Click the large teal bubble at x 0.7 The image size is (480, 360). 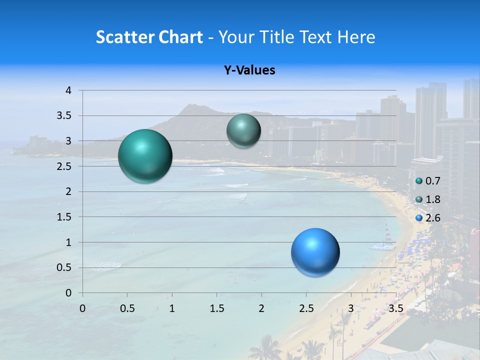click(145, 156)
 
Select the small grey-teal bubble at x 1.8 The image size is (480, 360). click(243, 130)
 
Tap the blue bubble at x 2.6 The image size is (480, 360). click(315, 252)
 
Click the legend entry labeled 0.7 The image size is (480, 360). click(428, 180)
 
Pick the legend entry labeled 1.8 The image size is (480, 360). click(428, 199)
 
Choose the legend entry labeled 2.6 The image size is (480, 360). click(428, 218)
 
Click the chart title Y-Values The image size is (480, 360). click(249, 70)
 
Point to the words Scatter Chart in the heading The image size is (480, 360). click(149, 36)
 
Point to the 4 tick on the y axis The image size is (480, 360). click(69, 90)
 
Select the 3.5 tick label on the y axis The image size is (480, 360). click(64, 116)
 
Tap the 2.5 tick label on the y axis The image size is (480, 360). click(64, 166)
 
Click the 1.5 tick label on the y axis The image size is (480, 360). click(64, 217)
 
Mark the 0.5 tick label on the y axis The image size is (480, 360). click(64, 267)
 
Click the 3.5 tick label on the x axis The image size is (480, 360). click(395, 308)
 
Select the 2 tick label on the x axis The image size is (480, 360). click(261, 308)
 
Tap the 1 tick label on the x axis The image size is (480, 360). click(172, 308)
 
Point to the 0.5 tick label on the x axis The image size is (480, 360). click(127, 308)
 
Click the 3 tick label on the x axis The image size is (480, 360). click(351, 308)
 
